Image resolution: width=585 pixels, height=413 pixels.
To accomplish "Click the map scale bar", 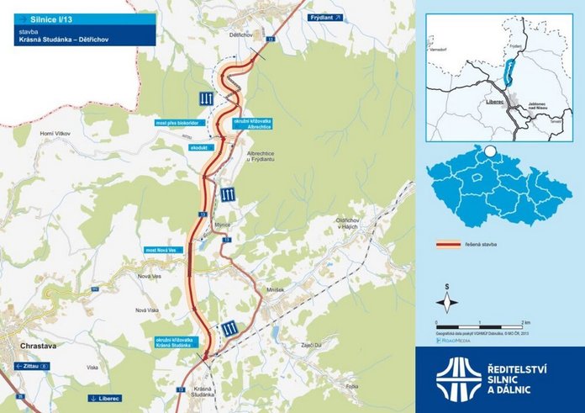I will pos(480,325).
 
